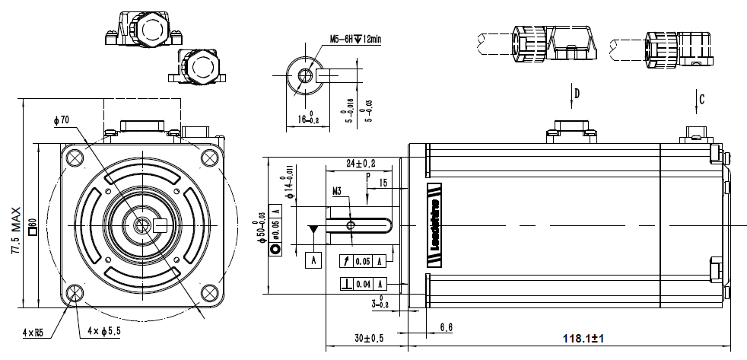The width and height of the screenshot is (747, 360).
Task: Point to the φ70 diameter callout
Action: [x=62, y=119]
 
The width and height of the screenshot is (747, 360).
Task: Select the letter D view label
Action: [x=577, y=94]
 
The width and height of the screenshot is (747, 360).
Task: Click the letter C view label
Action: [x=701, y=97]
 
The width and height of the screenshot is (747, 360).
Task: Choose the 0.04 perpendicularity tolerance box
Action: [x=364, y=284]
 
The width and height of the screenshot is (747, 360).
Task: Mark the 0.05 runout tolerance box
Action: [x=364, y=261]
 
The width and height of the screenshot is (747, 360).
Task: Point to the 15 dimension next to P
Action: [x=383, y=183]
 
